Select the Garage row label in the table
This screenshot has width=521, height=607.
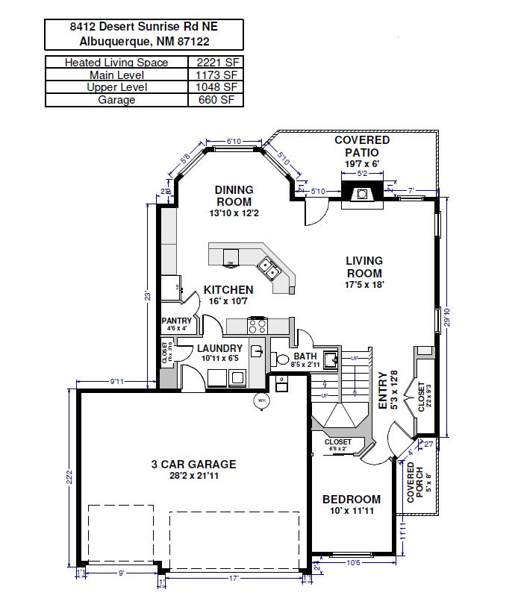(x=116, y=99)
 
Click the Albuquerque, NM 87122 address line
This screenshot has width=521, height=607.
(x=144, y=42)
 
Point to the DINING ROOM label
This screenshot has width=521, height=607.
(x=234, y=195)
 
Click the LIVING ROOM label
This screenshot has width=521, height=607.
(x=364, y=267)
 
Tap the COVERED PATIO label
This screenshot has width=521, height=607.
(x=362, y=146)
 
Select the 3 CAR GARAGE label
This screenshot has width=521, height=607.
(x=193, y=464)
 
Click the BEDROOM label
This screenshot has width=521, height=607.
(x=351, y=500)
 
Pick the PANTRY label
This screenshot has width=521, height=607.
(x=177, y=321)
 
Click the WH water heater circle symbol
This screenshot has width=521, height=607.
(x=262, y=400)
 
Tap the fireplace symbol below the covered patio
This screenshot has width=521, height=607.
(x=362, y=194)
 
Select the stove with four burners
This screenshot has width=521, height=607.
(x=258, y=325)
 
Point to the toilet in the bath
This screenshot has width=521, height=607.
(x=282, y=359)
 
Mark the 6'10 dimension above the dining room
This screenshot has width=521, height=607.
(x=234, y=141)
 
